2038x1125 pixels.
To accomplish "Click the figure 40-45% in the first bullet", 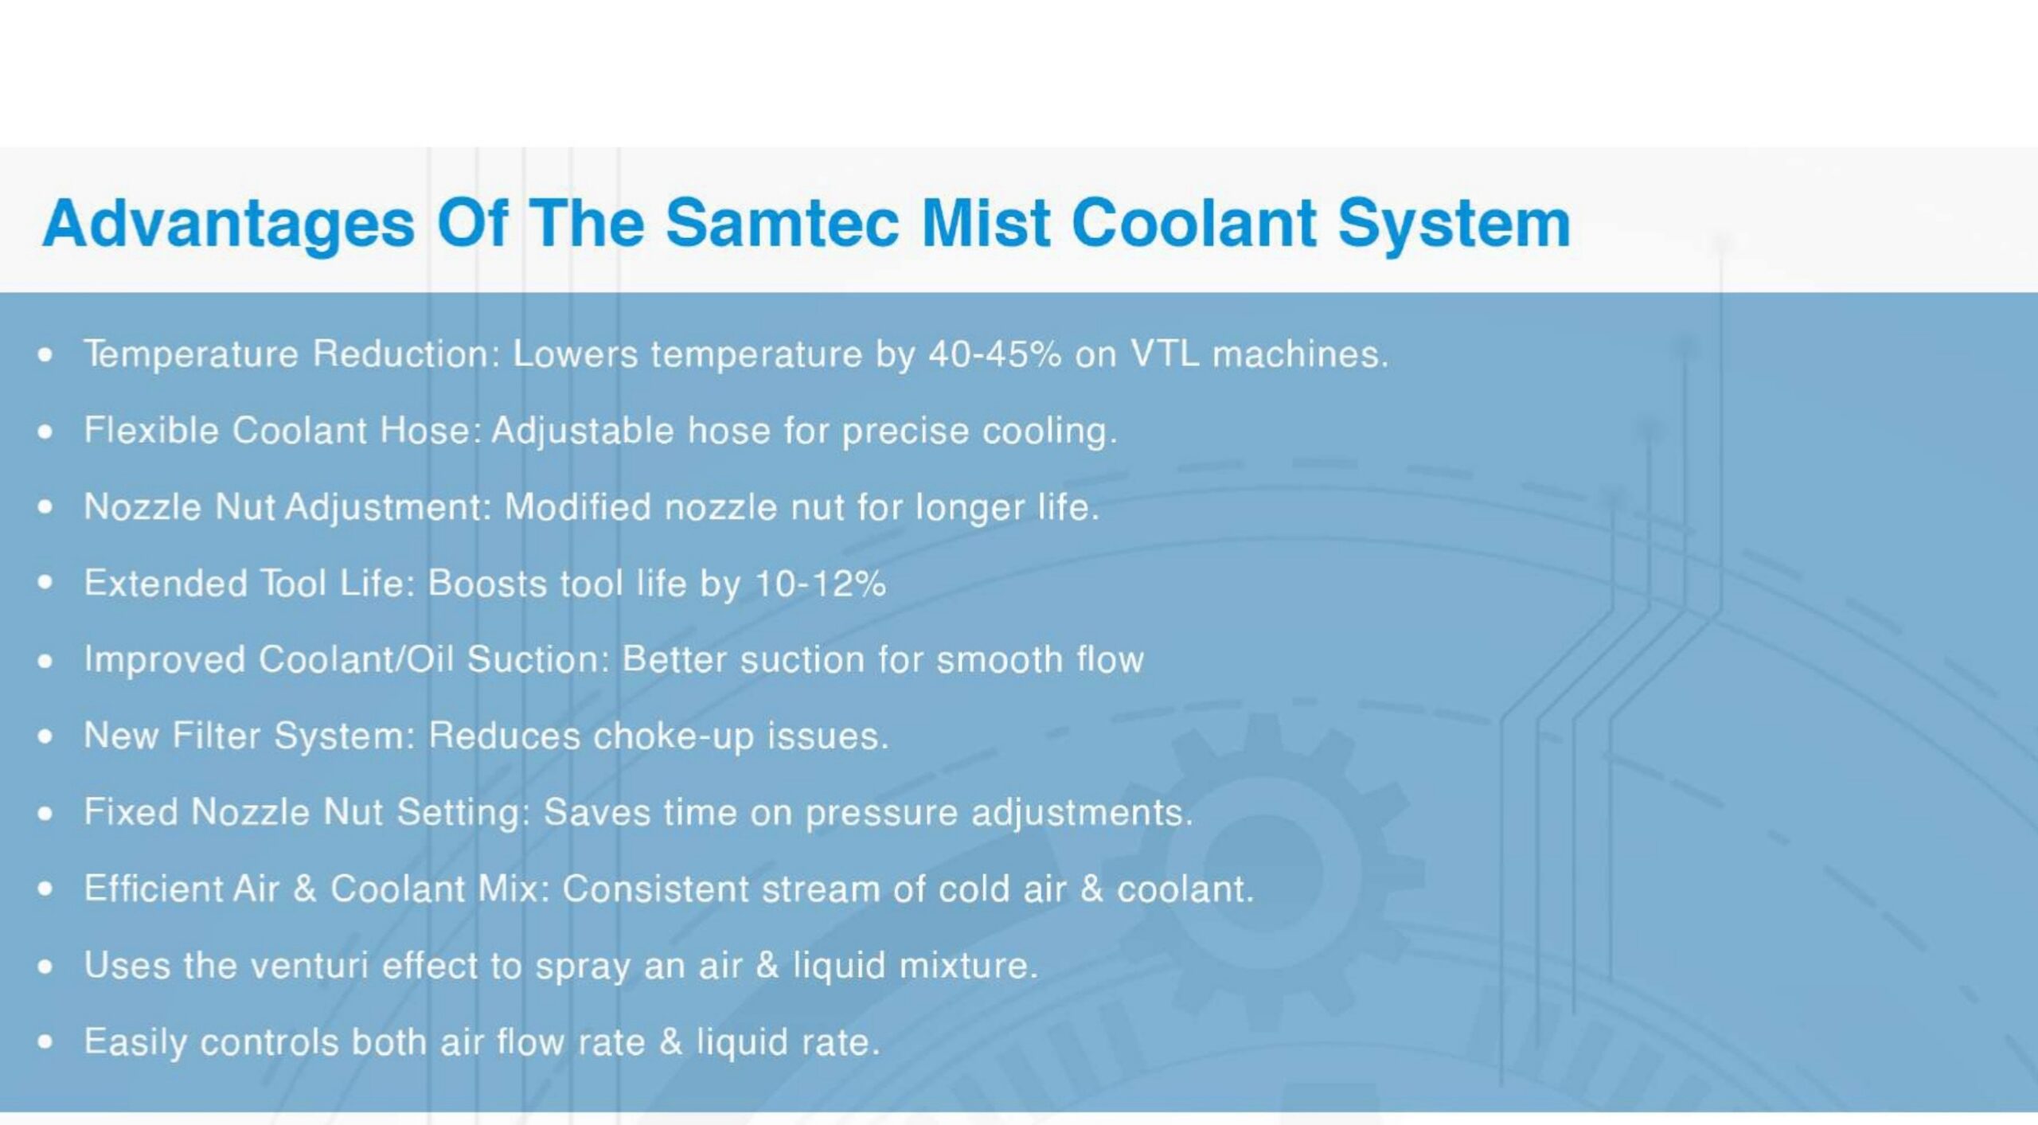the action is (994, 354).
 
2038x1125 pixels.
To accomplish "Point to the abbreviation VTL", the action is (1165, 354).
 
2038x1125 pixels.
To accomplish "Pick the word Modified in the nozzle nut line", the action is (578, 507).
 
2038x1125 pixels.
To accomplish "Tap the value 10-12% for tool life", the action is (820, 584).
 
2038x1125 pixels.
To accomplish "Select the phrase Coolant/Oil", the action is (356, 659).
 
